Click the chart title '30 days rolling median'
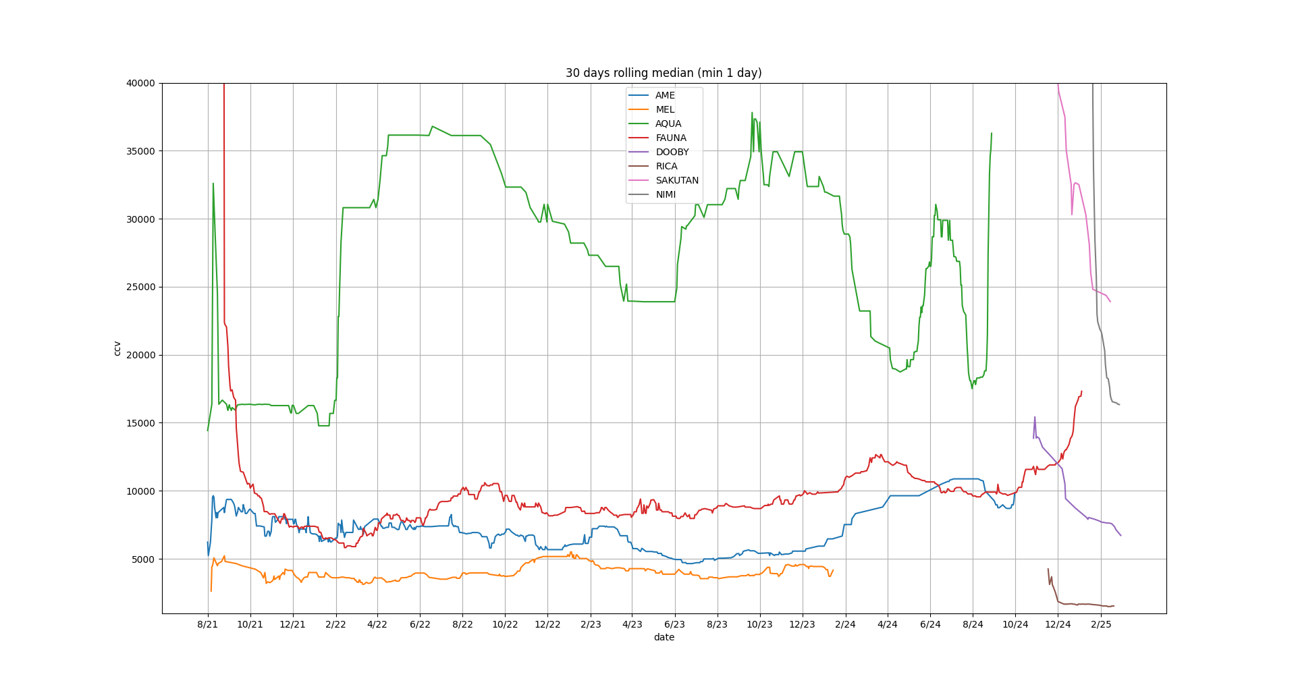click(x=664, y=73)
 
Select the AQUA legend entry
click(x=668, y=123)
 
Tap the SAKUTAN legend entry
click(x=676, y=180)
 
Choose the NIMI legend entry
click(x=666, y=194)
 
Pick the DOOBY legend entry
click(x=672, y=152)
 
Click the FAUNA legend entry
click(x=671, y=138)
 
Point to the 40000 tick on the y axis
click(x=140, y=83)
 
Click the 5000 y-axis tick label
click(x=142, y=559)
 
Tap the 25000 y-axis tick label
click(x=140, y=287)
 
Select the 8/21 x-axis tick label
click(x=207, y=624)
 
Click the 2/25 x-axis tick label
click(x=1100, y=624)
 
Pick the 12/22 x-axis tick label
click(x=547, y=624)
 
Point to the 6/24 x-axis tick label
click(x=930, y=624)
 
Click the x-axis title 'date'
click(x=664, y=637)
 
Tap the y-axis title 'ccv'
click(x=117, y=348)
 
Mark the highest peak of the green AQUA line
click(x=752, y=113)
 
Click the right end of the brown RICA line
click(x=1114, y=606)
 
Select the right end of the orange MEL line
click(x=833, y=570)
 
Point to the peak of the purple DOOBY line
click(x=1035, y=417)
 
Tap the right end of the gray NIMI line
click(x=1119, y=405)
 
